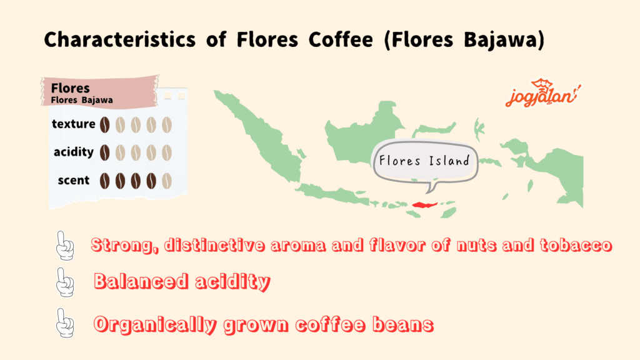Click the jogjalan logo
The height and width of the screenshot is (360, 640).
[542, 93]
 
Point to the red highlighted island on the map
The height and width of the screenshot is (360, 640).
[424, 205]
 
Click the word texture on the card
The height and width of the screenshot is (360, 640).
[74, 124]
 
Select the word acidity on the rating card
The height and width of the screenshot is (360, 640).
[74, 152]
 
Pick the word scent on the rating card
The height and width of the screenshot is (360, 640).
[74, 180]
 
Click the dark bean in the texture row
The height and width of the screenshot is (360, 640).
[105, 125]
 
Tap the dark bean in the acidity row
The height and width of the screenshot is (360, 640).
[105, 152]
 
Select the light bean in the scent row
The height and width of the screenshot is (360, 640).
[167, 181]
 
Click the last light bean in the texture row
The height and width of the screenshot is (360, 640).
[167, 125]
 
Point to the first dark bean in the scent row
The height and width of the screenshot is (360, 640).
[105, 181]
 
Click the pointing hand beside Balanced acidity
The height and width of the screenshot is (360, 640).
[65, 282]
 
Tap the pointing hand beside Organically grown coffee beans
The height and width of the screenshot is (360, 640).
[65, 323]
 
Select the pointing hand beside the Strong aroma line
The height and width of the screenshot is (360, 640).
[65, 246]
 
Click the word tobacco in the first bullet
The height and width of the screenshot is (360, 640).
[576, 245]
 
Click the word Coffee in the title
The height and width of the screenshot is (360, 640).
[341, 39]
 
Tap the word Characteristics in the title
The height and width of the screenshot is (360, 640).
[119, 39]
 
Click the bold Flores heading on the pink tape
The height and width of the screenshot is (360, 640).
[70, 87]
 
